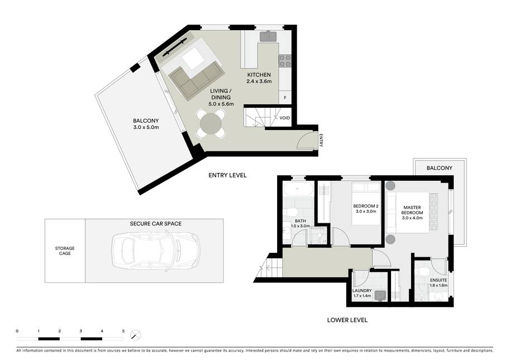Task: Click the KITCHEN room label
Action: point(259,75)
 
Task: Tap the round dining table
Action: point(211,123)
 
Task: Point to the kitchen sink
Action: point(268,36)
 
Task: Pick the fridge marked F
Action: point(285,98)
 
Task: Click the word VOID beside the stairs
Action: point(284,118)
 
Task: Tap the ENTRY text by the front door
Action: point(321,140)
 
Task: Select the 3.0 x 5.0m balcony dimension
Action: point(146,127)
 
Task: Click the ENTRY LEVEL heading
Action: point(227,175)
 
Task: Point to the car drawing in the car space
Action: point(156,251)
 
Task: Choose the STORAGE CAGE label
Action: point(65,251)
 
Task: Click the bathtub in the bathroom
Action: point(298,189)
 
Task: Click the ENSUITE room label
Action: point(438,280)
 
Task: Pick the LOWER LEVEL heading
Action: point(347,320)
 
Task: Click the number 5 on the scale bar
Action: point(123,331)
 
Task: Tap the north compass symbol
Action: point(135,335)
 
